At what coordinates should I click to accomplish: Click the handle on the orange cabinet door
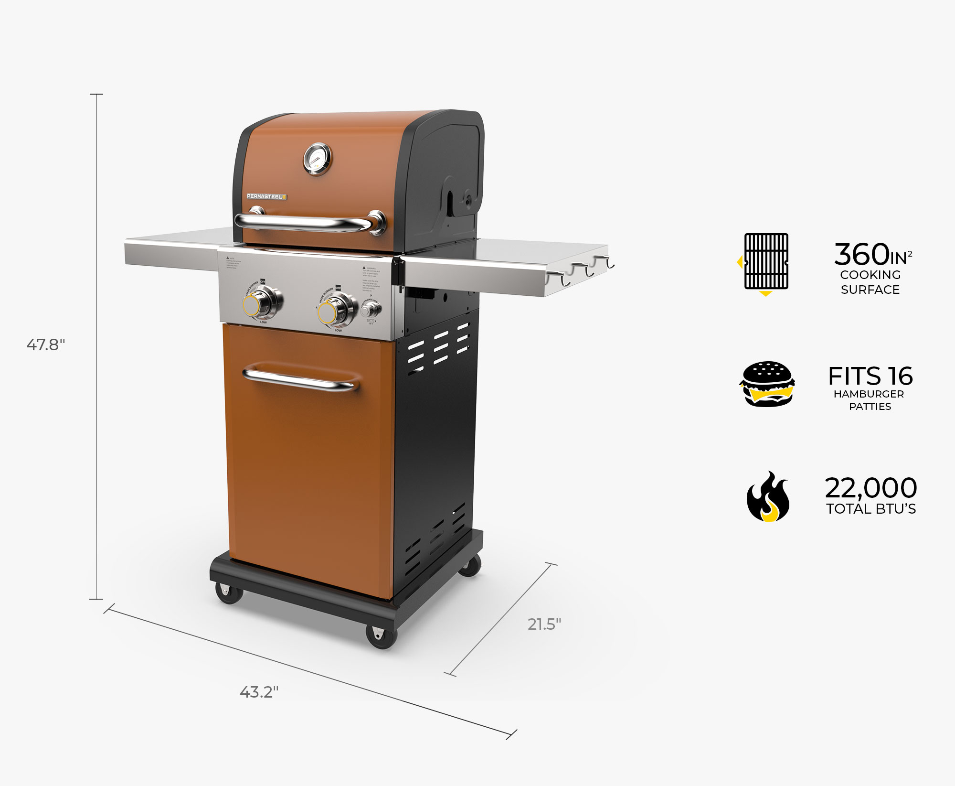[301, 380]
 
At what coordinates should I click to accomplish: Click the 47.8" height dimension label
[46, 345]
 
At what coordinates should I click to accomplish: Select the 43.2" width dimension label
[259, 692]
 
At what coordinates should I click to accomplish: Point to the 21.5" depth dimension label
[544, 624]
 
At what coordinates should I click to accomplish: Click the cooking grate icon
[766, 262]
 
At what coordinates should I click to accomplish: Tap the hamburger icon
[767, 384]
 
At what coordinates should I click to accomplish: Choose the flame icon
[768, 497]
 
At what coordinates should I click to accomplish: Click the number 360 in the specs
[861, 254]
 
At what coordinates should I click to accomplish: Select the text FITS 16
[870, 377]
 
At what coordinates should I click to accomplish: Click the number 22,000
[871, 488]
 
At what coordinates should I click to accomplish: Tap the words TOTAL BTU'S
[871, 509]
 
